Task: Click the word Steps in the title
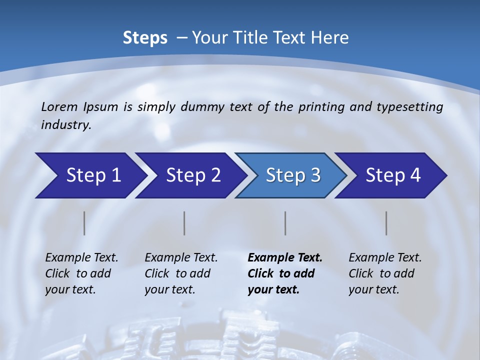[145, 38]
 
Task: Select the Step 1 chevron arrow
[90, 175]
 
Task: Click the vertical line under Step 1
[84, 223]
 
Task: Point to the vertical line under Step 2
[184, 223]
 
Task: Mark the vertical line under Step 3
[285, 223]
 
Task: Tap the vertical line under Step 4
[386, 223]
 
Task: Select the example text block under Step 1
[81, 273]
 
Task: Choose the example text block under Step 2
[181, 273]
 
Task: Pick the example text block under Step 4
[385, 273]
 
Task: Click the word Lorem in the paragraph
[59, 106]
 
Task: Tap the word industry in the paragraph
[66, 124]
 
